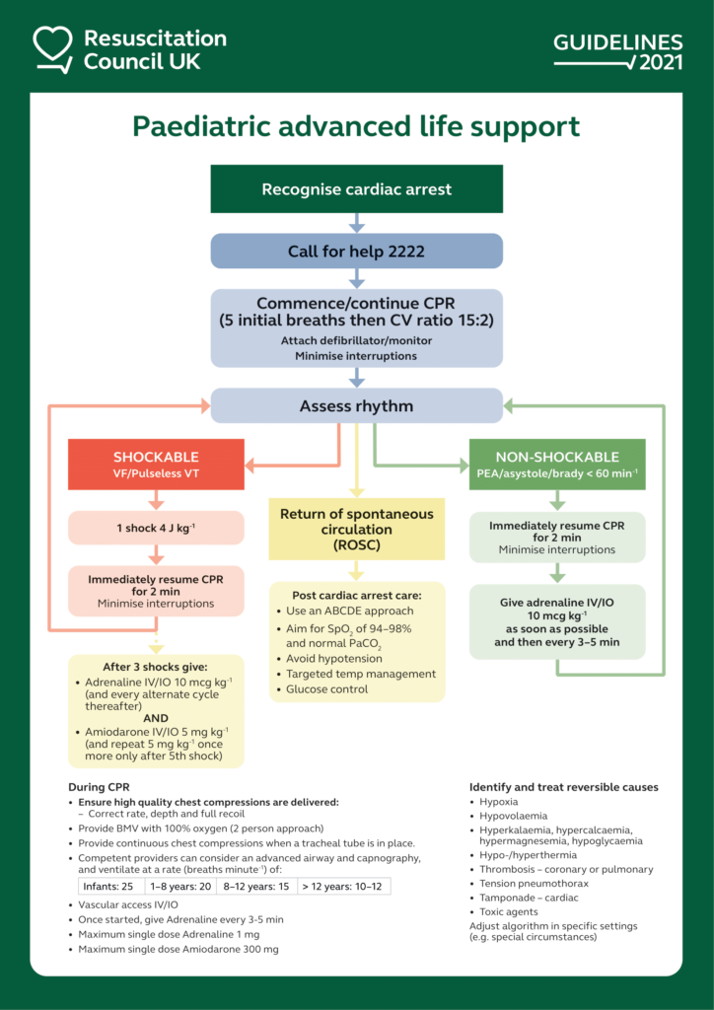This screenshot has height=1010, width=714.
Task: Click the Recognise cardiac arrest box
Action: (x=356, y=188)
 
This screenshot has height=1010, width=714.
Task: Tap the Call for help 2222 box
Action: (x=356, y=252)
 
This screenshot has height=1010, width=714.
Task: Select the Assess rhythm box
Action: (x=356, y=405)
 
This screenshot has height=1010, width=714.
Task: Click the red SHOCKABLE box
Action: (x=156, y=465)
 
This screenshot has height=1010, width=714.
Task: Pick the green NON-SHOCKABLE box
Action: (x=556, y=465)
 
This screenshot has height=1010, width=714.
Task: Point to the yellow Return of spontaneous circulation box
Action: (x=356, y=530)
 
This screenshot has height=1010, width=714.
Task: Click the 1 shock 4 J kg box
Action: (x=156, y=528)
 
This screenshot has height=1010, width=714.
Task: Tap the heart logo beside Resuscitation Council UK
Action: (x=52, y=48)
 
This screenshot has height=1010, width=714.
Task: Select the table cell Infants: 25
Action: (x=107, y=887)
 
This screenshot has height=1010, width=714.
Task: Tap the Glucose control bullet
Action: (x=326, y=689)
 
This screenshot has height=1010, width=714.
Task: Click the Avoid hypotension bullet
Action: (x=332, y=658)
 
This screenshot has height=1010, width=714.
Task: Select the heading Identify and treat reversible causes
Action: (x=563, y=787)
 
